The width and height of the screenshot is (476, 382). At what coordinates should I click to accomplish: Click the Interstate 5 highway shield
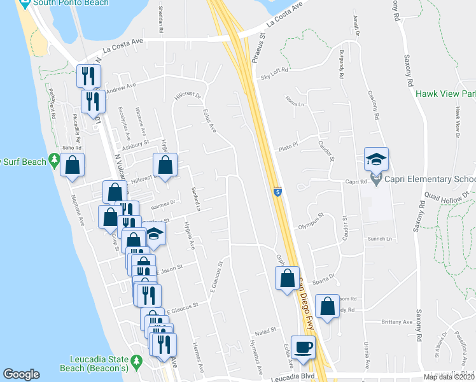[x=277, y=191]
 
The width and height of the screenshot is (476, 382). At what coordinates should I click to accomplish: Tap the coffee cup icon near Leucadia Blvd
[x=303, y=347]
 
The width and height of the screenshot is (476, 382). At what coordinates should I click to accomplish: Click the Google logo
[x=21, y=374]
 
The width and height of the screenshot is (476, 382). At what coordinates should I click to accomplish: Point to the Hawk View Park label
[x=446, y=94]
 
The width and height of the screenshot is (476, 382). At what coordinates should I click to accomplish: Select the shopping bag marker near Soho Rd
[x=73, y=166]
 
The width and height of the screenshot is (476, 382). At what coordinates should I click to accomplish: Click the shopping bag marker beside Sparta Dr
[x=287, y=278]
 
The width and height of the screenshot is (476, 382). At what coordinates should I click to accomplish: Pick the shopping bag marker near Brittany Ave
[x=327, y=306]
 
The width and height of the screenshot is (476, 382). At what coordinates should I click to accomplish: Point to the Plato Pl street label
[x=288, y=146]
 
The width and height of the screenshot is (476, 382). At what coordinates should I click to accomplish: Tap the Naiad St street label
[x=263, y=330]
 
